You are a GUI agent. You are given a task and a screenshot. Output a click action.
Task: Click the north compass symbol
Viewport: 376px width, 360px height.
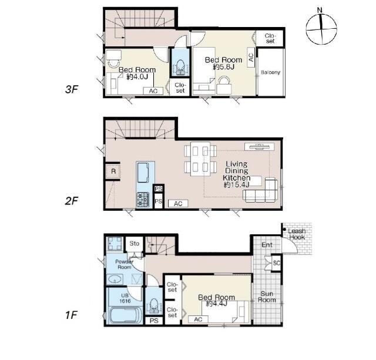click(x=321, y=28)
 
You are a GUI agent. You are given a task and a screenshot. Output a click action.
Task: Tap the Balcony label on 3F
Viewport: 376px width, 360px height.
click(x=270, y=72)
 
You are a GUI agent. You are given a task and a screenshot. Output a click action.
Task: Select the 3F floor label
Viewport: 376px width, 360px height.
click(x=72, y=89)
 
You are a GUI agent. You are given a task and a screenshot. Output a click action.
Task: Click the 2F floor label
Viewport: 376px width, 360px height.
click(x=72, y=201)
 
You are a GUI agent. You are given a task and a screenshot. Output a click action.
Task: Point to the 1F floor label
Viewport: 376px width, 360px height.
click(x=71, y=315)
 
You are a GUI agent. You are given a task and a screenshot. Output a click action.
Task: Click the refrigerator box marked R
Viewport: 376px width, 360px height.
click(x=113, y=171)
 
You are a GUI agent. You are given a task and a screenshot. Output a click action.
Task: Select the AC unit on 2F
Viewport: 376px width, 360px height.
click(x=178, y=203)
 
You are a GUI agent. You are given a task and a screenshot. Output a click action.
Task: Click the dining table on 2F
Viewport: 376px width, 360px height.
click(x=200, y=159)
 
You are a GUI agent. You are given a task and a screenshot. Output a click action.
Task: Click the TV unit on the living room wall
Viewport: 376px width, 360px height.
click(x=259, y=146)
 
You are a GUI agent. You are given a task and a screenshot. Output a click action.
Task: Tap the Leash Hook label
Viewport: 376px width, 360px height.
click(x=297, y=234)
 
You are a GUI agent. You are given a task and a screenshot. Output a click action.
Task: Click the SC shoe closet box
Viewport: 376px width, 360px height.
click(x=276, y=263)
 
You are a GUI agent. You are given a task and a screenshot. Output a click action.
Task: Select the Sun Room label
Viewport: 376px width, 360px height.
click(x=267, y=297)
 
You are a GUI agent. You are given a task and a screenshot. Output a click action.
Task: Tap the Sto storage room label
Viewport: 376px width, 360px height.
click(x=135, y=244)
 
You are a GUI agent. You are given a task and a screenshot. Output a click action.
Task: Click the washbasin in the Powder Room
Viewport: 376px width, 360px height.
click(x=115, y=280)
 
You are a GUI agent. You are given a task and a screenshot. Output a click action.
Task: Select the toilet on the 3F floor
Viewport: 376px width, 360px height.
click(x=180, y=66)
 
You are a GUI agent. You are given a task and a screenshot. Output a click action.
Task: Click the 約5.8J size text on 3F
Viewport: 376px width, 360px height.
click(x=223, y=67)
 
